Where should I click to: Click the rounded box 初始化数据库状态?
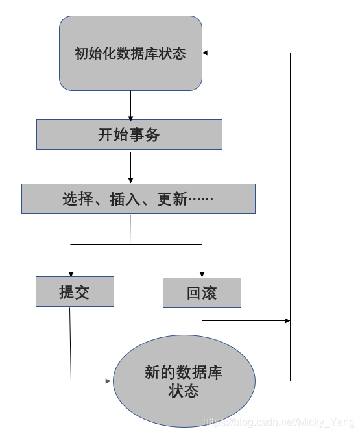tap(130, 53)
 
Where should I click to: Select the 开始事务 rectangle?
tap(129, 135)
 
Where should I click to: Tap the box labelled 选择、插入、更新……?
tap(138, 199)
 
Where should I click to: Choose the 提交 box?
tap(75, 292)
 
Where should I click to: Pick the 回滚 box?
tap(202, 293)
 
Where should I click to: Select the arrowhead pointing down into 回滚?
tap(202, 274)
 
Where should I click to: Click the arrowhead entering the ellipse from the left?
tap(108, 381)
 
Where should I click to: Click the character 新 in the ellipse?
tap(152, 373)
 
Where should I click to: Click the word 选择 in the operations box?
tap(78, 199)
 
